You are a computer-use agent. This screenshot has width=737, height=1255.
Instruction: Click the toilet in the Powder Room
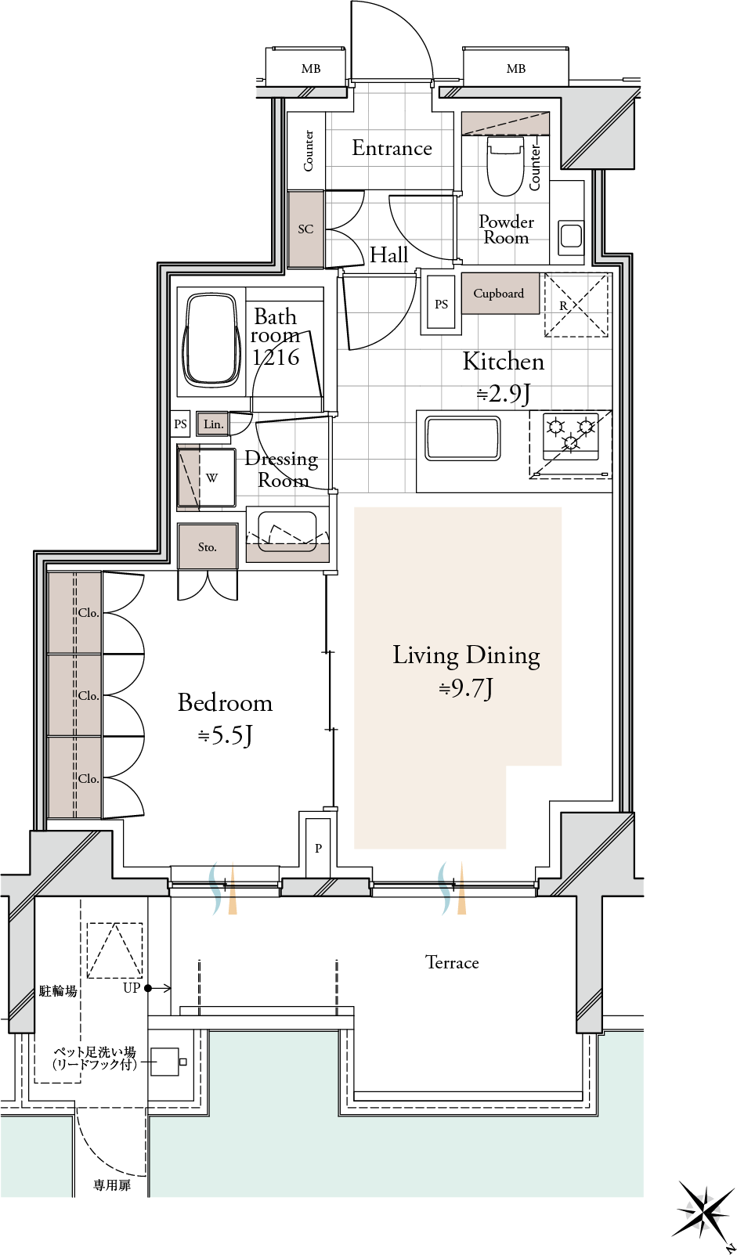click(x=506, y=166)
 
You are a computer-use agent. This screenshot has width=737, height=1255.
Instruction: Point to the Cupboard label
click(x=498, y=293)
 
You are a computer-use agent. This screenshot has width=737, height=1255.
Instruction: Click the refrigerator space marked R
click(x=576, y=305)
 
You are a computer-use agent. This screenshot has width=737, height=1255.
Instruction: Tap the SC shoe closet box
click(x=305, y=229)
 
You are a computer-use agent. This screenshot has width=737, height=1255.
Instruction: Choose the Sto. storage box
click(x=208, y=546)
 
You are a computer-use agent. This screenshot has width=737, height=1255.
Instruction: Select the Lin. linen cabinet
click(x=214, y=424)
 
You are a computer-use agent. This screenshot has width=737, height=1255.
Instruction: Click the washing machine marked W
click(x=207, y=478)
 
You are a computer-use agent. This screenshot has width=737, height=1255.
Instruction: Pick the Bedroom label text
click(x=226, y=702)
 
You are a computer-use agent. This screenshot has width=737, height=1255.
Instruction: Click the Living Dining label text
click(x=466, y=655)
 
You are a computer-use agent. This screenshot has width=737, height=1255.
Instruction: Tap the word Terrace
click(x=452, y=962)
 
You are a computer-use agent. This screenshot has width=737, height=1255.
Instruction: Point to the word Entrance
click(x=392, y=148)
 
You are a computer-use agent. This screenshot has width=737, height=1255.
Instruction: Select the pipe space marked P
click(x=318, y=848)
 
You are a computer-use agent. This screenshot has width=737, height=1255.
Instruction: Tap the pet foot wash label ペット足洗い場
click(x=95, y=1051)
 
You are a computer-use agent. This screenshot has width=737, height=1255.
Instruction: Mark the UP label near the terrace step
click(x=131, y=988)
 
